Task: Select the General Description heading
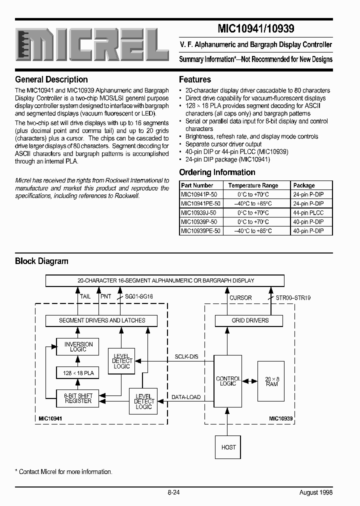pyautogui.click(x=51, y=79)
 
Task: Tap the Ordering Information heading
pyautogui.click(x=217, y=172)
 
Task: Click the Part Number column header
pyautogui.click(x=197, y=185)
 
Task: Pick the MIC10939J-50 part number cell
pyautogui.click(x=198, y=212)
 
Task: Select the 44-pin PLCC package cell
pyautogui.click(x=308, y=212)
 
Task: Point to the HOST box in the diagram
pyautogui.click(x=228, y=447)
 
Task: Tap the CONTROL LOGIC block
pyautogui.click(x=228, y=381)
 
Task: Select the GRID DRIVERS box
pyautogui.click(x=250, y=320)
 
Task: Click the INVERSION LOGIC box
pyautogui.click(x=78, y=346)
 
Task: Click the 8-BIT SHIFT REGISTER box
pyautogui.click(x=78, y=398)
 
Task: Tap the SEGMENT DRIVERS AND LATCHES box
pyautogui.click(x=102, y=320)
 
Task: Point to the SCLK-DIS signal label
pyautogui.click(x=186, y=356)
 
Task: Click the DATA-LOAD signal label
pyautogui.click(x=186, y=397)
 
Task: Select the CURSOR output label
pyautogui.click(x=240, y=297)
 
